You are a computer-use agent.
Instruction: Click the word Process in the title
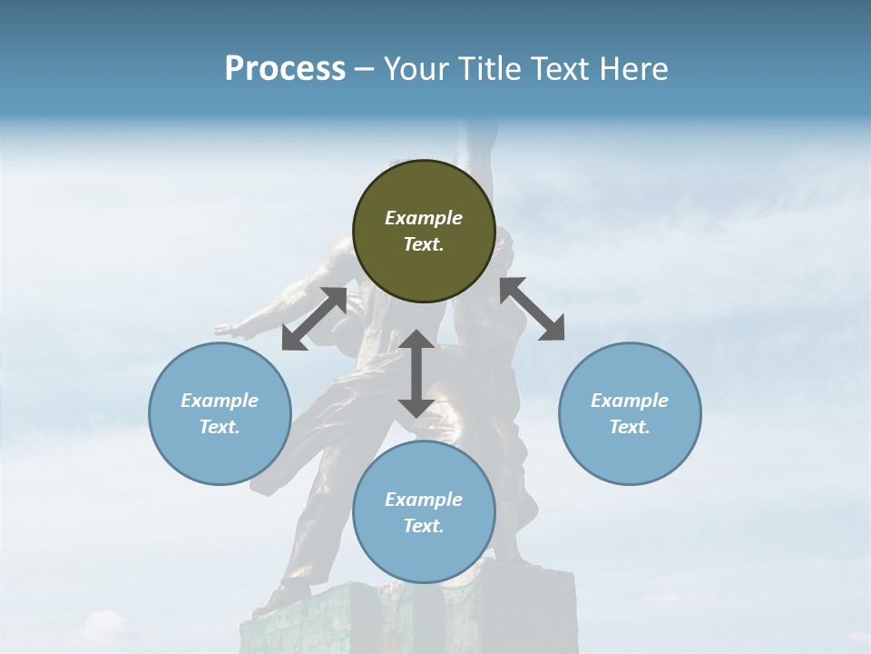(x=285, y=69)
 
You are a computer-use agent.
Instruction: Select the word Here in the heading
(x=631, y=69)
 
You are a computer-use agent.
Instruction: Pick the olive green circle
(x=424, y=231)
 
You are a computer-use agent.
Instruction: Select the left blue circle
(x=220, y=413)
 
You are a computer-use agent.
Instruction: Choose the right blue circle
(x=629, y=413)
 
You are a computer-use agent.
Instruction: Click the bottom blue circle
(x=424, y=511)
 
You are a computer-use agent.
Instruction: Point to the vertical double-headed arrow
(x=416, y=373)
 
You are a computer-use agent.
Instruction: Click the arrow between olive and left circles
(x=314, y=318)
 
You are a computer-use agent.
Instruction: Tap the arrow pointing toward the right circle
(x=533, y=309)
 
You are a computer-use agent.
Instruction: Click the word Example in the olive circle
(x=424, y=218)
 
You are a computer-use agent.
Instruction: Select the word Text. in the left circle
(x=220, y=427)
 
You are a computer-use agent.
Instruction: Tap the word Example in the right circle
(x=629, y=401)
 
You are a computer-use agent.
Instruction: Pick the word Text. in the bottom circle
(x=424, y=526)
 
